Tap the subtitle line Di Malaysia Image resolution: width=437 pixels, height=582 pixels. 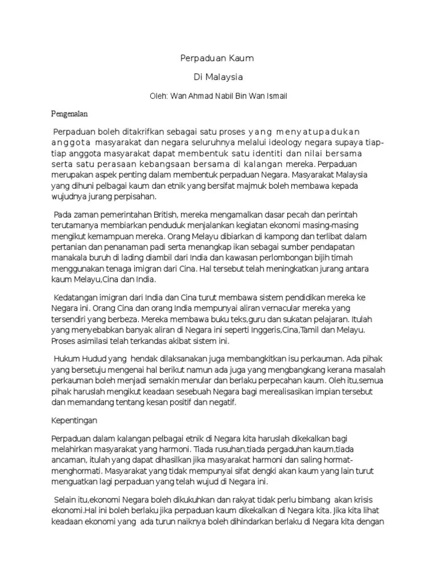pos(218,77)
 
